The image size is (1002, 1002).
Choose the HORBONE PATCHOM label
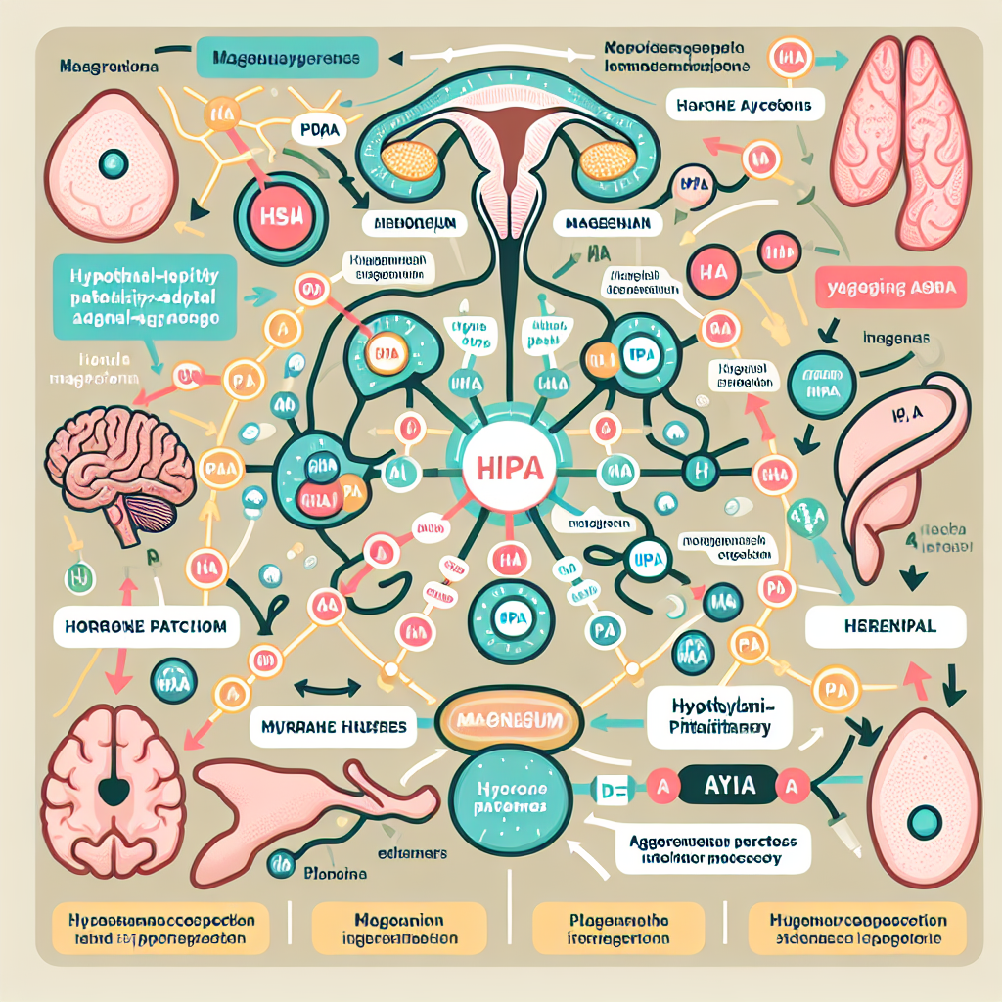(147, 626)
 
